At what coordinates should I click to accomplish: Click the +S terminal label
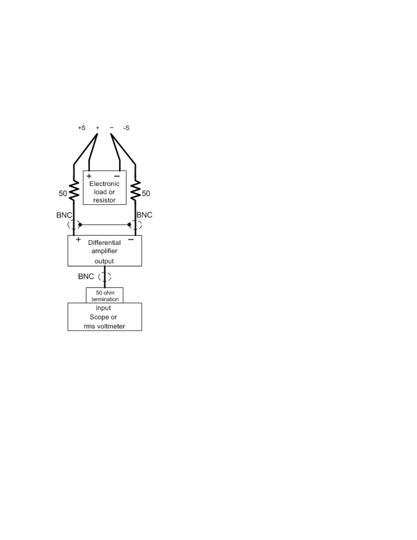tap(81, 128)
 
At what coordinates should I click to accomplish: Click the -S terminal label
tap(126, 128)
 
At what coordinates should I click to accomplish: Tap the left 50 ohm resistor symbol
tap(74, 191)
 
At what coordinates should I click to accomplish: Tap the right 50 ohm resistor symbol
tap(136, 191)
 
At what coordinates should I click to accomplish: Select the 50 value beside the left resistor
tap(63, 193)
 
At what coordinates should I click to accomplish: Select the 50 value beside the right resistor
tap(146, 193)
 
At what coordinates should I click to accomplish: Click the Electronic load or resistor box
tap(105, 188)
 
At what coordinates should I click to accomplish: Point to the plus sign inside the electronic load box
tap(89, 176)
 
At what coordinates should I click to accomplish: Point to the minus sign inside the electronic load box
tap(117, 176)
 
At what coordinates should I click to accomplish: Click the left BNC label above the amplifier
tap(64, 215)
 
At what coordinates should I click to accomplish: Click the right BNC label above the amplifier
tap(144, 215)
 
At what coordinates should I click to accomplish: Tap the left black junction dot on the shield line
tap(80, 225)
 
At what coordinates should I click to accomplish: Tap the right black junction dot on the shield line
tap(129, 225)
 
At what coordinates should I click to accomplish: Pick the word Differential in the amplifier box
tap(104, 243)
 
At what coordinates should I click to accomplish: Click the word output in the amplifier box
tap(104, 261)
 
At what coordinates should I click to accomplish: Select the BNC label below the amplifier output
tap(86, 276)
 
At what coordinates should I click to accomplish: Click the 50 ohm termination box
tap(105, 296)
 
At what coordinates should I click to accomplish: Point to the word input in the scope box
tap(103, 308)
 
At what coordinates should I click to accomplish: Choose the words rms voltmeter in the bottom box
tap(104, 326)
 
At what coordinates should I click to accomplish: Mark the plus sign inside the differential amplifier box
tap(78, 239)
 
